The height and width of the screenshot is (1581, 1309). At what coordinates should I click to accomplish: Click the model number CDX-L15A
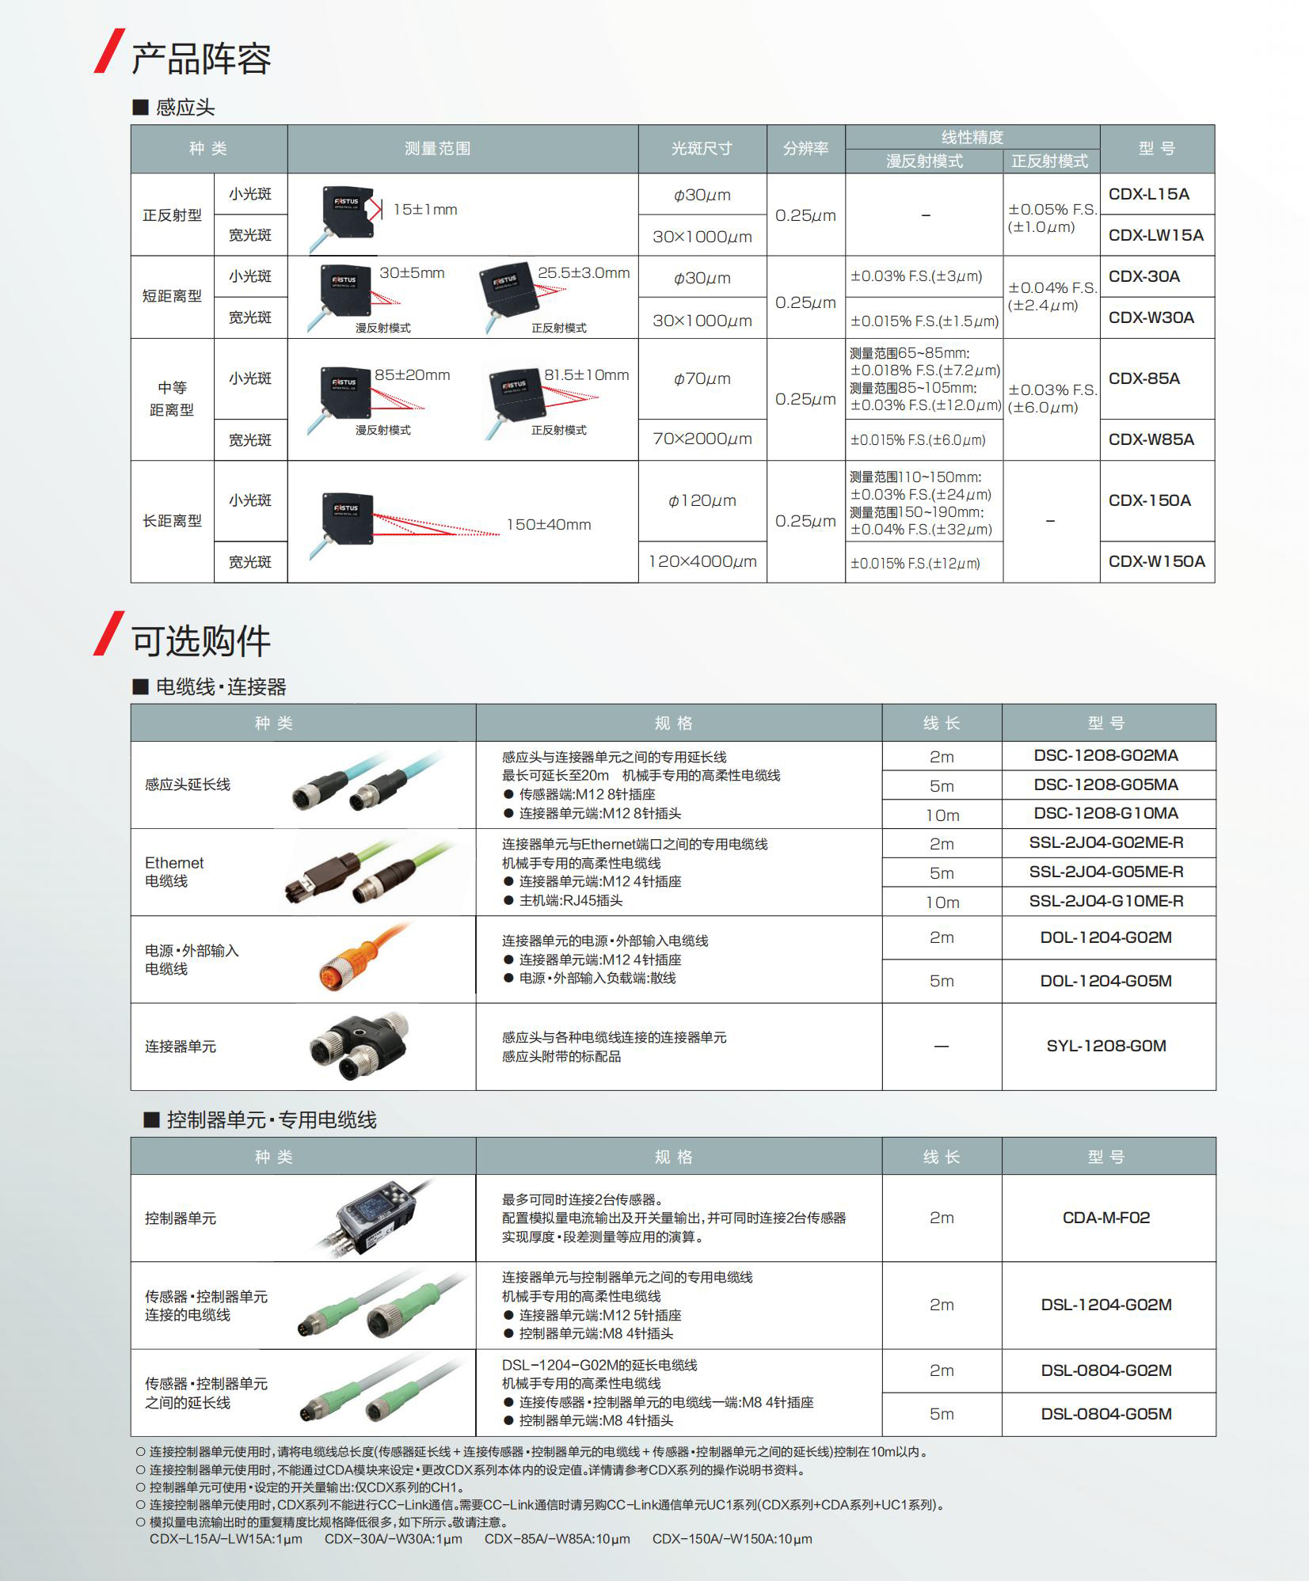click(1148, 194)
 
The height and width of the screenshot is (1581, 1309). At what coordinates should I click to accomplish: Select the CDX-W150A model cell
click(1156, 561)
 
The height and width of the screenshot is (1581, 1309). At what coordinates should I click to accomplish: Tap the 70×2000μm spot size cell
click(702, 439)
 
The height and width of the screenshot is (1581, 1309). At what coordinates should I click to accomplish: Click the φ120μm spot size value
click(702, 500)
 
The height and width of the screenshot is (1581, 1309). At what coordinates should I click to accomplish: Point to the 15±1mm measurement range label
click(425, 210)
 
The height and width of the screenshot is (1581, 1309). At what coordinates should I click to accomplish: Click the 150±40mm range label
click(548, 524)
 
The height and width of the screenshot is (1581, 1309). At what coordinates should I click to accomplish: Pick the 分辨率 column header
click(805, 148)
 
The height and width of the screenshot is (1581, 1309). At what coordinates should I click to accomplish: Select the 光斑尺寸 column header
click(702, 148)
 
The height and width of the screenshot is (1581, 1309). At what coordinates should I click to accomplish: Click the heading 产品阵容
click(201, 59)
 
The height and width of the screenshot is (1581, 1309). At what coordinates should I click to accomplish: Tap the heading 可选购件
click(201, 640)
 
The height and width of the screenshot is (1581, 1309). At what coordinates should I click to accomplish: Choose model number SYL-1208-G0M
click(1106, 1046)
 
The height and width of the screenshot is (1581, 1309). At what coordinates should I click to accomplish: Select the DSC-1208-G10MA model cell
click(1106, 813)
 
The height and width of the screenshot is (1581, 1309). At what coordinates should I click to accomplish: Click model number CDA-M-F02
click(1106, 1218)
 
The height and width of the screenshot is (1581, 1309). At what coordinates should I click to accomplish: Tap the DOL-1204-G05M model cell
click(1106, 981)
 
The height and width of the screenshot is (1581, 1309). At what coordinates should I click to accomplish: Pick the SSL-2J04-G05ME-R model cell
click(1106, 872)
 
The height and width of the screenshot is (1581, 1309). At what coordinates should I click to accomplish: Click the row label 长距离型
click(172, 521)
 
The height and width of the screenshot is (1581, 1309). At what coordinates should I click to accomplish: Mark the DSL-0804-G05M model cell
click(1106, 1414)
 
